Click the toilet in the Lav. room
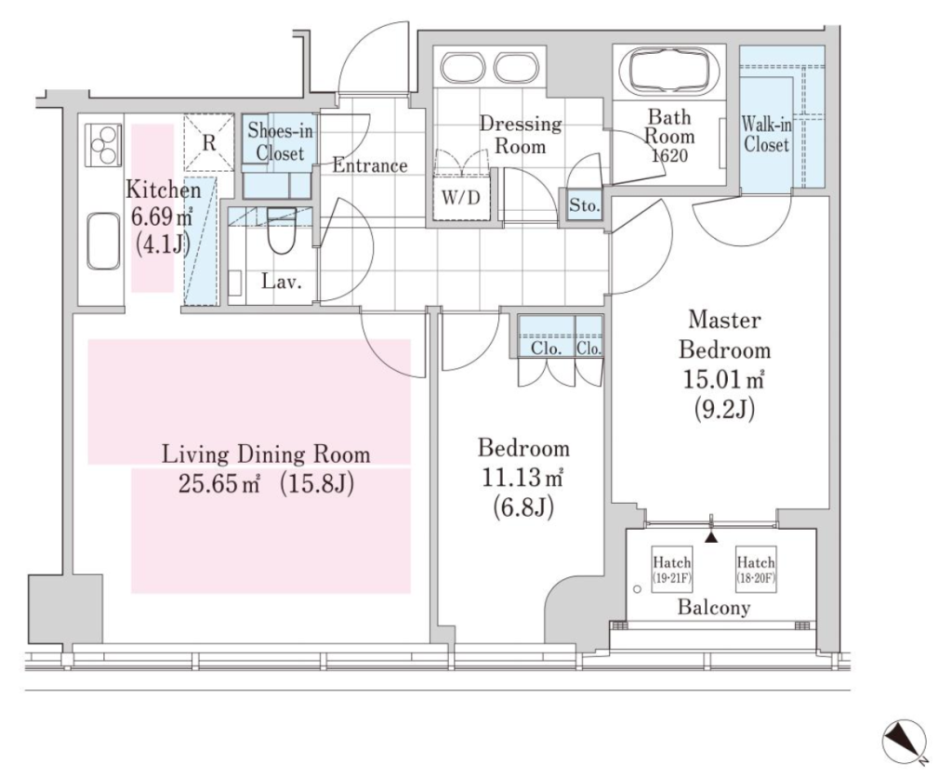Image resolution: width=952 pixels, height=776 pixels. (x=281, y=231)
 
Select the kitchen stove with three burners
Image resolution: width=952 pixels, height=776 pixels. (x=103, y=144)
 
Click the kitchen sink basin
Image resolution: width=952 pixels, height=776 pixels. (x=102, y=241)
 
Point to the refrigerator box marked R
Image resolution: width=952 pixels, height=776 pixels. (x=209, y=142)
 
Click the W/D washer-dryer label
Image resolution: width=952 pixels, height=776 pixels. (x=461, y=198)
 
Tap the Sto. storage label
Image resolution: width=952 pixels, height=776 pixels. (x=585, y=205)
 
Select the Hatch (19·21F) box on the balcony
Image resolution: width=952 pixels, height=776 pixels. (x=671, y=570)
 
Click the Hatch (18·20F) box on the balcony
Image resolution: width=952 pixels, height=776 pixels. (x=756, y=570)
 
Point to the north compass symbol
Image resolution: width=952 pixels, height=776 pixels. (x=905, y=741)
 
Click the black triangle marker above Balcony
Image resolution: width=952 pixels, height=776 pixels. (x=712, y=537)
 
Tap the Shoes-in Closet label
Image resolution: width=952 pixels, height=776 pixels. (x=280, y=141)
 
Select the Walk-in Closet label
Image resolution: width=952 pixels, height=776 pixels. (x=766, y=135)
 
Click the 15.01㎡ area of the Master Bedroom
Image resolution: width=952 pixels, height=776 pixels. (x=723, y=380)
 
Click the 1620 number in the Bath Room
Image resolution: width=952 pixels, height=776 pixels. (x=669, y=156)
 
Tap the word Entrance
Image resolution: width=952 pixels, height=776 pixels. (x=370, y=165)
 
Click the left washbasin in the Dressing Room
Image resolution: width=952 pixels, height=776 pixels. (x=462, y=67)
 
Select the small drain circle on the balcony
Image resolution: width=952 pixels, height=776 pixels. (x=637, y=588)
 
